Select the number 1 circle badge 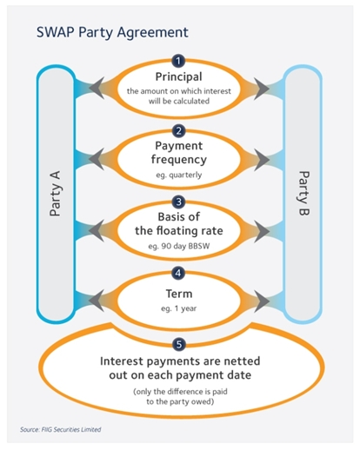tap(179, 63)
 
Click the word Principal tap(180, 78)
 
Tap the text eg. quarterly tap(180, 176)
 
